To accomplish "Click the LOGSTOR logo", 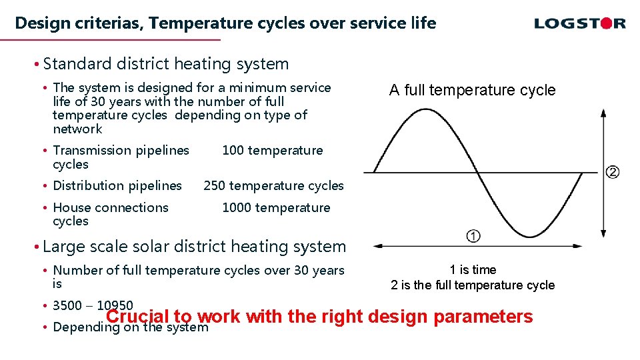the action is coord(579,24).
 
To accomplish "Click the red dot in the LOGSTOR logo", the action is coord(604,24).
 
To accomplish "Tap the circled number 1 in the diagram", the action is coord(473,236).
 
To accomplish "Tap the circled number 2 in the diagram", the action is coord(612,173).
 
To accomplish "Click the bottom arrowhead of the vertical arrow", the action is coord(603,233).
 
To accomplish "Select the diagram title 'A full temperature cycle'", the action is coord(472,90).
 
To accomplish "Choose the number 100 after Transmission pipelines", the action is coord(233,150).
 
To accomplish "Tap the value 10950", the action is coord(115,306).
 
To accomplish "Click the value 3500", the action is coord(67,306).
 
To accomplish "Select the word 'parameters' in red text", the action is coord(483,317).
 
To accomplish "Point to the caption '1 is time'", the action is coord(473,269).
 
